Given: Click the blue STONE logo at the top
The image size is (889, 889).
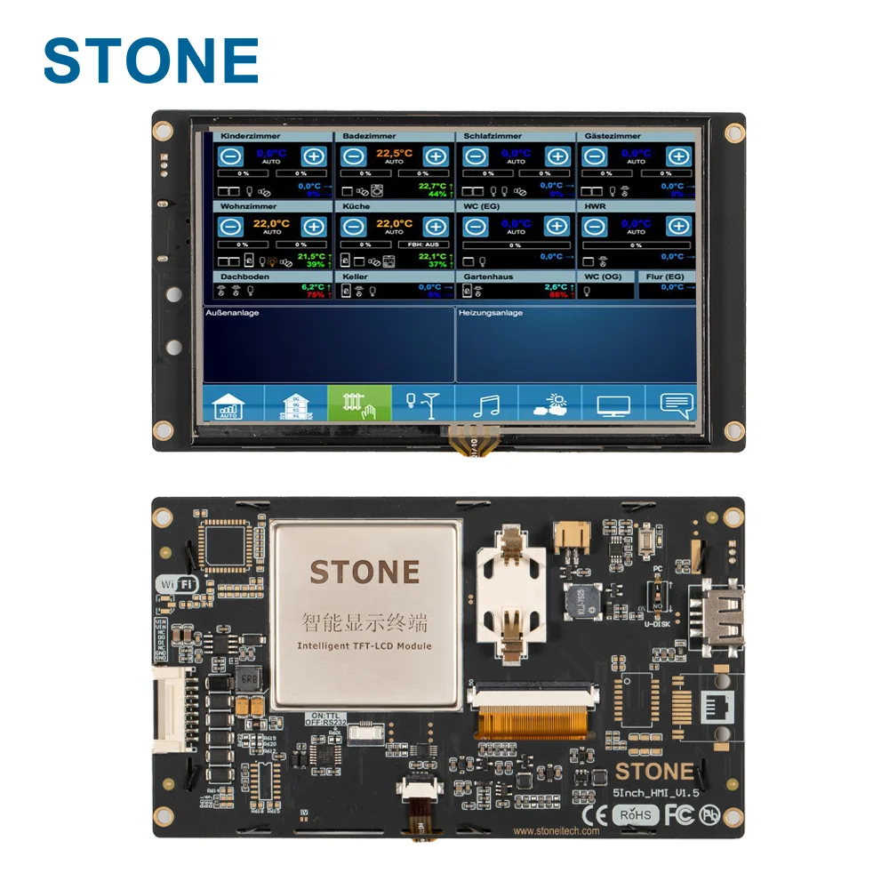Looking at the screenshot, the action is pyautogui.click(x=151, y=60).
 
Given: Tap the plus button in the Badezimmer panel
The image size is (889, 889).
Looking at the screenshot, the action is pyautogui.click(x=435, y=156).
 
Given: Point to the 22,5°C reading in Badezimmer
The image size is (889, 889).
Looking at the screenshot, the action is pyautogui.click(x=394, y=153).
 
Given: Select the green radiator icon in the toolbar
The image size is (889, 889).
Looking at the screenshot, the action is pyautogui.click(x=359, y=404).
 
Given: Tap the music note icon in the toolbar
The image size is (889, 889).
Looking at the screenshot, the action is pyautogui.click(x=486, y=404).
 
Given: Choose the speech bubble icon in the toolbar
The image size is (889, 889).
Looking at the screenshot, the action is pyautogui.click(x=677, y=404).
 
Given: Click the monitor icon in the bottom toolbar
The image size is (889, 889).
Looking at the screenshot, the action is pyautogui.click(x=613, y=405).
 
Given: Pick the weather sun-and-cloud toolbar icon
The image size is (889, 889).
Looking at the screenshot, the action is pyautogui.click(x=549, y=404).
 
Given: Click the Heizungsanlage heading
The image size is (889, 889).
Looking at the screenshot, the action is pyautogui.click(x=491, y=313).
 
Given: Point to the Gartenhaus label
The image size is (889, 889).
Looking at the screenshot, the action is pyautogui.click(x=488, y=276).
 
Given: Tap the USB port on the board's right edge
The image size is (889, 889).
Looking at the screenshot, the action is pyautogui.click(x=722, y=613).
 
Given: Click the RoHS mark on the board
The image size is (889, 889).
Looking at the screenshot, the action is pyautogui.click(x=635, y=814).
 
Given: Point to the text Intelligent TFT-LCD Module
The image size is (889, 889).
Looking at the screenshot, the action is pyautogui.click(x=364, y=645).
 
